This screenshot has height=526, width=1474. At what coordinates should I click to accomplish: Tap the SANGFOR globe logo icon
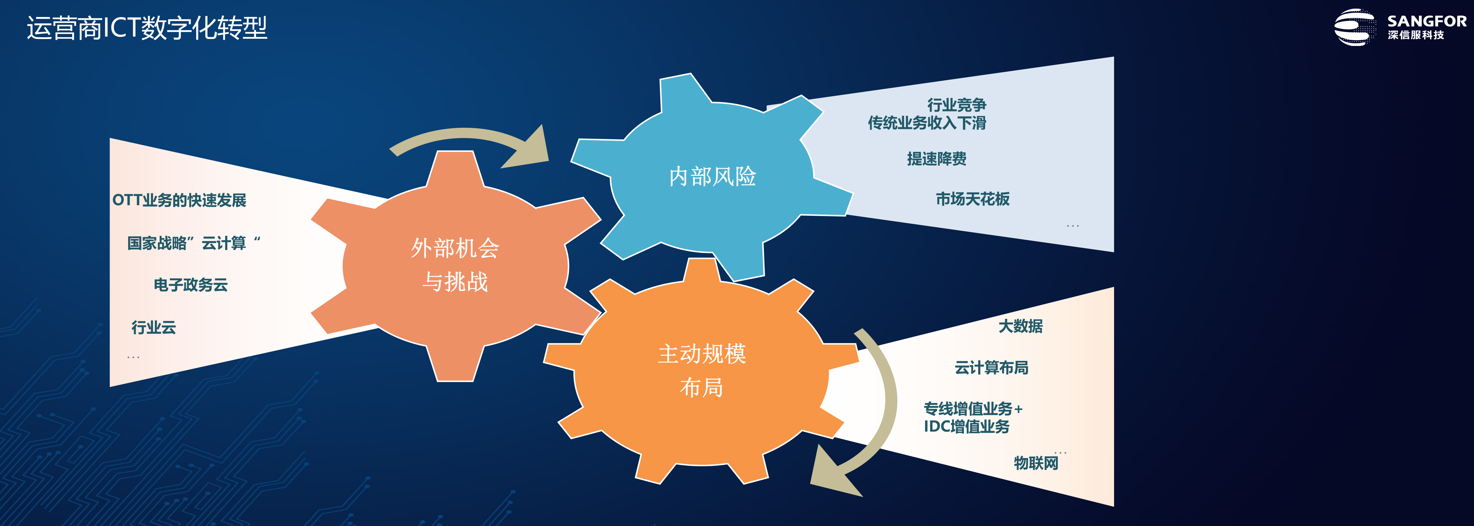1354,27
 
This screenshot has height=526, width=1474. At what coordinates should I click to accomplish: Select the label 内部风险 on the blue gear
712,177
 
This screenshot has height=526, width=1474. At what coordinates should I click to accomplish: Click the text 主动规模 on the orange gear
702,354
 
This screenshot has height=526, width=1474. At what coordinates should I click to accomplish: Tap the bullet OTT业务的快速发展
179,200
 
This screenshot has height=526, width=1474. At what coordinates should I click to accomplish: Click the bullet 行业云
153,327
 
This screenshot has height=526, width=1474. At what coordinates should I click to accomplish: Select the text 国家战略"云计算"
193,243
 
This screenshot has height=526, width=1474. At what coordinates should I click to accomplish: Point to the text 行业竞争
957,105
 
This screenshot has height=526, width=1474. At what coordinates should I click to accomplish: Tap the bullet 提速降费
937,158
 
